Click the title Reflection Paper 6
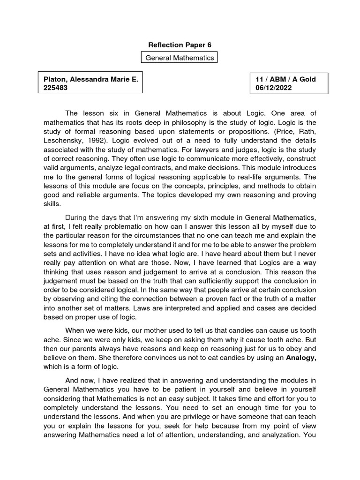(x=180, y=45)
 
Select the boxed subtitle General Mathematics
(x=180, y=58)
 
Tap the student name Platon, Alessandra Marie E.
(x=91, y=79)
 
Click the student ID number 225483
(x=56, y=88)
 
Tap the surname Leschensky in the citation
(x=63, y=141)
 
